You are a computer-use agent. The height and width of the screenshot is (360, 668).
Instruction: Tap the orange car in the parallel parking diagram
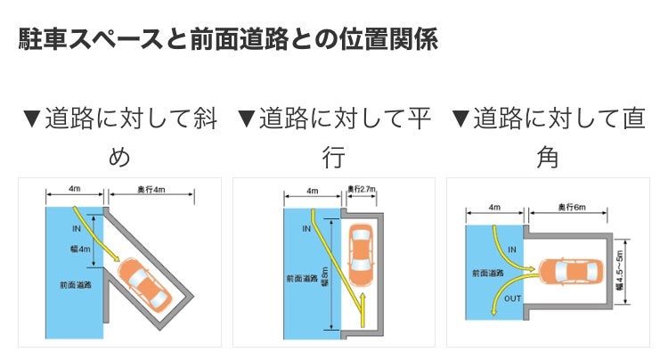pyautogui.click(x=361, y=252)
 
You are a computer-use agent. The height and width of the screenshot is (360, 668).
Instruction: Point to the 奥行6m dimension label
pyautogui.click(x=570, y=207)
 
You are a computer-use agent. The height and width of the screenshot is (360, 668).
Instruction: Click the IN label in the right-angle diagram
pyautogui.click(x=512, y=249)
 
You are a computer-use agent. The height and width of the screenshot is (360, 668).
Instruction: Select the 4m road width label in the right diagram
pyautogui.click(x=495, y=207)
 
